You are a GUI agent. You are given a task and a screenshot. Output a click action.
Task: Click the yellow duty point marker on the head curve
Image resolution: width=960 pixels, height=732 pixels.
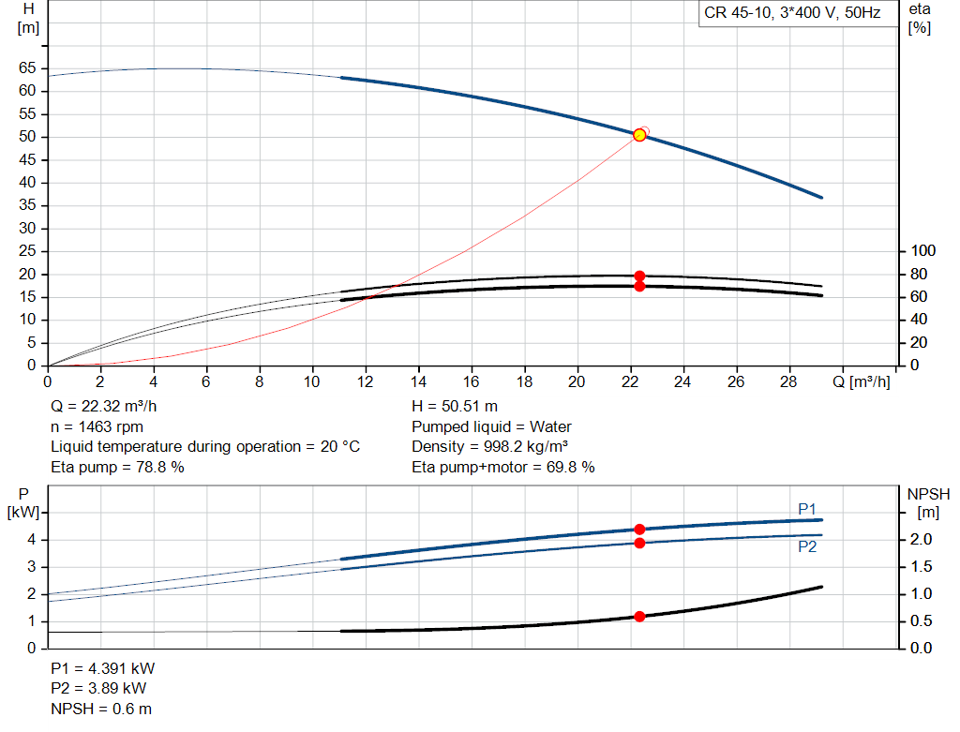click(x=639, y=135)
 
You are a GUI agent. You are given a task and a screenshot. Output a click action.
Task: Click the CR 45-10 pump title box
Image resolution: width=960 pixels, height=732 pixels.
click(x=793, y=13)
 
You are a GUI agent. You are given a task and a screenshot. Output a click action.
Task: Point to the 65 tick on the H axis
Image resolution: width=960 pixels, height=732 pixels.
click(x=27, y=67)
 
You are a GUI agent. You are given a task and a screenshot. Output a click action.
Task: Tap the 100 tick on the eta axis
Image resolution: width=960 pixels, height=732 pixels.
click(x=922, y=250)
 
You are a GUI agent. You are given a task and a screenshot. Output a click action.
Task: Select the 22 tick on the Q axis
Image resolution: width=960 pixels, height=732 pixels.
click(x=629, y=381)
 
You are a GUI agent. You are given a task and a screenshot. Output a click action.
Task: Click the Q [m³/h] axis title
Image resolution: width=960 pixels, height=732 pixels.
click(x=861, y=381)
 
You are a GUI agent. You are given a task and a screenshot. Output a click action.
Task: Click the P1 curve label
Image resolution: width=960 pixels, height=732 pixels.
click(x=807, y=509)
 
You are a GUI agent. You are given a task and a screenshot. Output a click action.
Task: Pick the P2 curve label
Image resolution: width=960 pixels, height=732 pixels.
click(x=807, y=546)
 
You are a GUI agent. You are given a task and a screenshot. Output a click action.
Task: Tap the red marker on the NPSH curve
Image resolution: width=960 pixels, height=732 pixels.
click(x=639, y=617)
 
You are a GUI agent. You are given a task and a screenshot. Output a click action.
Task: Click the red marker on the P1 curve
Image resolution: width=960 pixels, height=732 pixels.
click(x=639, y=529)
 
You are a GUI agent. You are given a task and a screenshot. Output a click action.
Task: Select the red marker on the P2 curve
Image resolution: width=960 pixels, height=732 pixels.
click(x=639, y=543)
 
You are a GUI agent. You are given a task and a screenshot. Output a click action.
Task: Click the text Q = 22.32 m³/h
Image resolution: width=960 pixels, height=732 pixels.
click(x=103, y=407)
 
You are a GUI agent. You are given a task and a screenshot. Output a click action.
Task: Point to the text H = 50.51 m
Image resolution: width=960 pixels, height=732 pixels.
click(x=455, y=407)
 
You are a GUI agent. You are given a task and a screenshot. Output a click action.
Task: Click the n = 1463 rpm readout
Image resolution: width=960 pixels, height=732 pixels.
click(x=97, y=426)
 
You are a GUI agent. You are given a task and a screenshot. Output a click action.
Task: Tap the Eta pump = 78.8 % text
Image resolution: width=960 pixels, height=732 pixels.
click(x=117, y=467)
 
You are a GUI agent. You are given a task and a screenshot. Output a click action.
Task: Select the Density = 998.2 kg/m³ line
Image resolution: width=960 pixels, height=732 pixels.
click(x=489, y=447)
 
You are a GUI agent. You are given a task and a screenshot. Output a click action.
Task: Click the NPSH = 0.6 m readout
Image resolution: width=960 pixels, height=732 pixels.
click(x=101, y=709)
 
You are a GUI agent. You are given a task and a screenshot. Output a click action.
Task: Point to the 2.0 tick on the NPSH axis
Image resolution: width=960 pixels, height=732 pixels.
click(x=921, y=539)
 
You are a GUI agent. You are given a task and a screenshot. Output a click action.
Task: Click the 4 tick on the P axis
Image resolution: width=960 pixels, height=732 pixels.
click(x=31, y=540)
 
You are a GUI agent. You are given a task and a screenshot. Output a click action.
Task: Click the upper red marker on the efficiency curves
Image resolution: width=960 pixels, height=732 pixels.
click(x=639, y=276)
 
